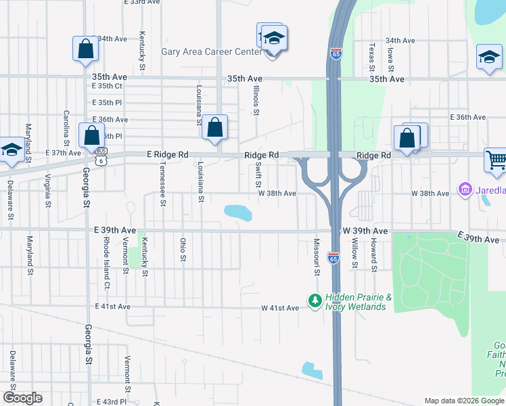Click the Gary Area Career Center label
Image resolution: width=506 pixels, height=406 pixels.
click(211, 52)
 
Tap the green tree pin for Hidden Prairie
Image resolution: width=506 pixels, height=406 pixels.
click(315, 299)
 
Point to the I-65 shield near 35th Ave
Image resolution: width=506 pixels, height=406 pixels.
click(336, 53)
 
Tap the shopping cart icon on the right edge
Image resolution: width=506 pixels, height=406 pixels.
click(496, 160)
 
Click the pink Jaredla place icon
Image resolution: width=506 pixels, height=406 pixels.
click(465, 189)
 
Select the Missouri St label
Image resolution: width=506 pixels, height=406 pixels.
click(316, 256)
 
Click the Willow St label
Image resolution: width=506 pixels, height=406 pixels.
click(354, 253)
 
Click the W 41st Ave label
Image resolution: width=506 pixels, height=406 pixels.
click(280, 309)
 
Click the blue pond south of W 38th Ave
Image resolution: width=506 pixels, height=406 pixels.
click(237, 213)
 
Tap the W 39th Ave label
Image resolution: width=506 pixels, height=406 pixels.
click(365, 231)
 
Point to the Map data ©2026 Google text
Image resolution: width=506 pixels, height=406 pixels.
click(463, 401)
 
